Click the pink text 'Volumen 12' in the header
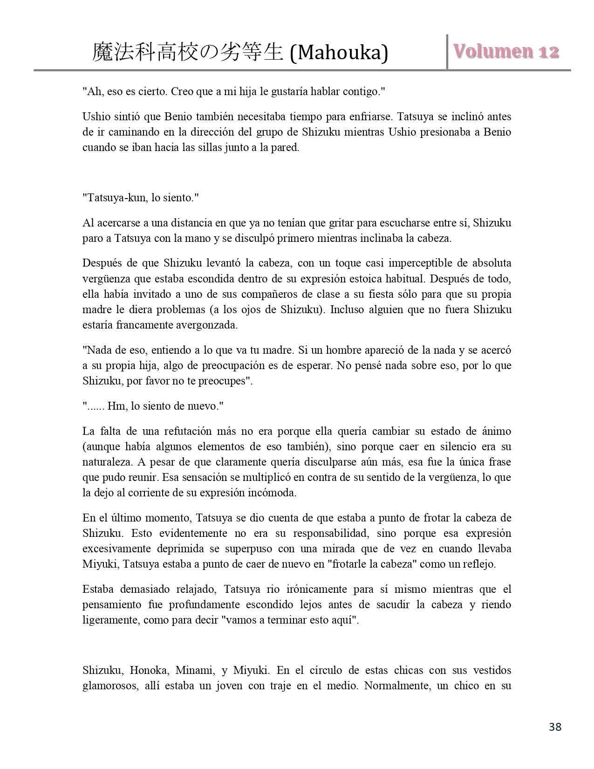click(506, 51)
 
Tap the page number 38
click(555, 727)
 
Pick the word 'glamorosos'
click(110, 686)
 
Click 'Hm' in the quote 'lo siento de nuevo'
click(115, 406)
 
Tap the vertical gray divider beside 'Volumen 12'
click(447, 51)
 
